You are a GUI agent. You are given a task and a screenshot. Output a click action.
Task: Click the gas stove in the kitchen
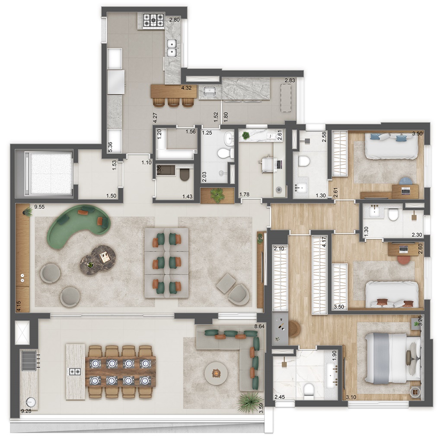point(153,20)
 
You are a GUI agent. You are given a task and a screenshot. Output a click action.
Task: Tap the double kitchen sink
point(172,48)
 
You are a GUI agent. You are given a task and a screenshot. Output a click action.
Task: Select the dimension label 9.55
point(39,207)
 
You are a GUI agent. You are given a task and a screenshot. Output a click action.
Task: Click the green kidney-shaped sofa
point(79,224)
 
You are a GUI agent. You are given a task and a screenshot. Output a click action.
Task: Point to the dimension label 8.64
point(259,326)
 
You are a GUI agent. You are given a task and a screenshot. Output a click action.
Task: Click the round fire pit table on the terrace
point(216,374)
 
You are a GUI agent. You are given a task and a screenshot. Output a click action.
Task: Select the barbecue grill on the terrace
point(29,360)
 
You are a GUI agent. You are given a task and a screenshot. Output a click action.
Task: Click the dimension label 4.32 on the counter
point(186,88)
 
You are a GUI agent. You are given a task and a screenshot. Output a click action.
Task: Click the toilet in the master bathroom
point(308,390)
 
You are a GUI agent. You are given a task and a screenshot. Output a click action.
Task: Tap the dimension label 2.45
point(280,397)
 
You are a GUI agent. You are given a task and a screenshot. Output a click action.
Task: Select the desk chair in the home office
point(267,164)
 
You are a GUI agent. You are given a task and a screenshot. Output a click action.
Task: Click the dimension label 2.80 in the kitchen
point(174,20)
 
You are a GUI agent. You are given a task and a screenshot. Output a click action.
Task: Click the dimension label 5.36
point(111,147)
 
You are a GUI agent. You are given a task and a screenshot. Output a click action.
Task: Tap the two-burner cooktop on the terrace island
point(76,371)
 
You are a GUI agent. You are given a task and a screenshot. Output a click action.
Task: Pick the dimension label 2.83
point(290,80)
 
